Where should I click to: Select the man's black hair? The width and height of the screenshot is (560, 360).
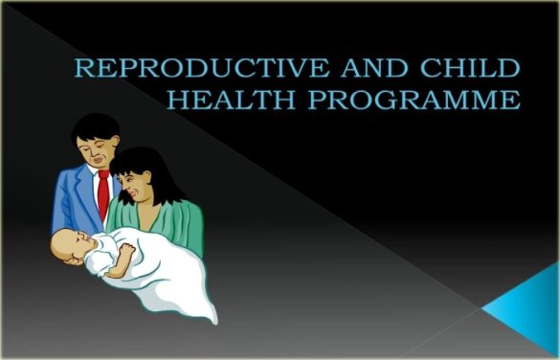(98, 127)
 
